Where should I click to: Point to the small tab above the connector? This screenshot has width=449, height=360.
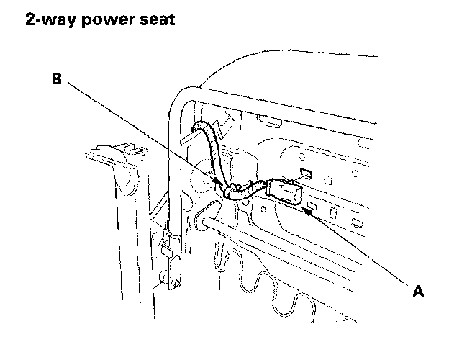(304, 172)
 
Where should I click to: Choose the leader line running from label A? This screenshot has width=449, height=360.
(360, 248)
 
